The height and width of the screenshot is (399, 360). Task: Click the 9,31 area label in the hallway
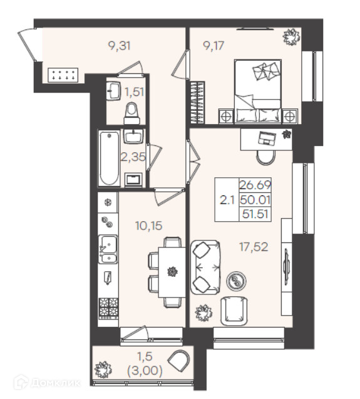point(119,46)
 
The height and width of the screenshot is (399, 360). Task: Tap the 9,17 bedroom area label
point(213,46)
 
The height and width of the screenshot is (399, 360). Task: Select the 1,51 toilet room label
point(135,91)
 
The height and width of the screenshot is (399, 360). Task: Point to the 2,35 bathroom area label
point(133,157)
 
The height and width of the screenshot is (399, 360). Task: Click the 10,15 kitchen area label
point(149,225)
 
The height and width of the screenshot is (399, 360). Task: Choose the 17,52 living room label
point(254,247)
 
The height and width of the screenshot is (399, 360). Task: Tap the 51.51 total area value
point(255,214)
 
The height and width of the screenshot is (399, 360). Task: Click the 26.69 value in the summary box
point(255,185)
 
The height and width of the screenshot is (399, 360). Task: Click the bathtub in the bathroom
point(110,158)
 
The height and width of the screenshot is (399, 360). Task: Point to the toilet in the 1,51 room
point(132,113)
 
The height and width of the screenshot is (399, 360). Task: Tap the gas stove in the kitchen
point(109,308)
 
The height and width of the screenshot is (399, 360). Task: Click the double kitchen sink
point(108,249)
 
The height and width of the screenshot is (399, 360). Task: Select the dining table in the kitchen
point(172,272)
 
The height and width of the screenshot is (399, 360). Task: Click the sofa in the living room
point(205,267)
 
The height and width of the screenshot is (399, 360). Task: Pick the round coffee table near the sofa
point(237,281)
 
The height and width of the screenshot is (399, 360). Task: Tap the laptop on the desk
point(267,138)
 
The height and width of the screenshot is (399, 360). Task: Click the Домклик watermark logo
point(47,382)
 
